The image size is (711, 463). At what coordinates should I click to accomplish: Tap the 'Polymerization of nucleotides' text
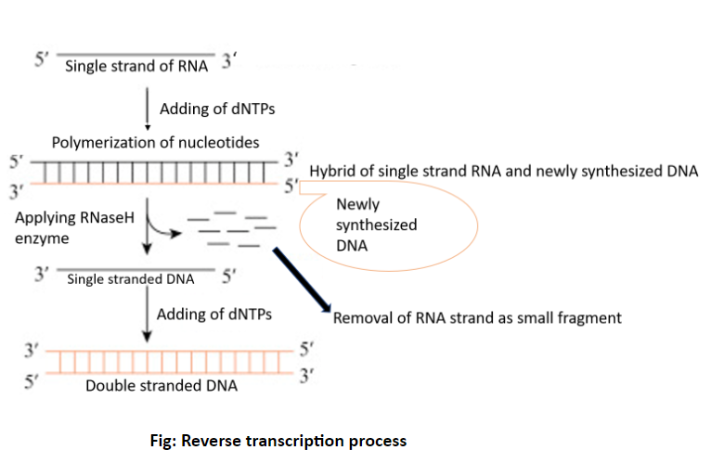(x=155, y=142)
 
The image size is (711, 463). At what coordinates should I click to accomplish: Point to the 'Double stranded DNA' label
(x=162, y=385)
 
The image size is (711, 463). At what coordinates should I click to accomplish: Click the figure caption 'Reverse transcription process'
(x=278, y=440)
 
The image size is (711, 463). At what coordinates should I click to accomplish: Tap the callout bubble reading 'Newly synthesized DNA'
(x=385, y=225)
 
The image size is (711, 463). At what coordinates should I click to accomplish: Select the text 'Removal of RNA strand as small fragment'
(x=477, y=317)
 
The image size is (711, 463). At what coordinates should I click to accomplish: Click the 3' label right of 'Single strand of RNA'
(x=229, y=65)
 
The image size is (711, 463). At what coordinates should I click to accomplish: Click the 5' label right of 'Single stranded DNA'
(x=230, y=276)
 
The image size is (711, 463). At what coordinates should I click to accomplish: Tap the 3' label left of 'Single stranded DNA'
(x=41, y=276)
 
